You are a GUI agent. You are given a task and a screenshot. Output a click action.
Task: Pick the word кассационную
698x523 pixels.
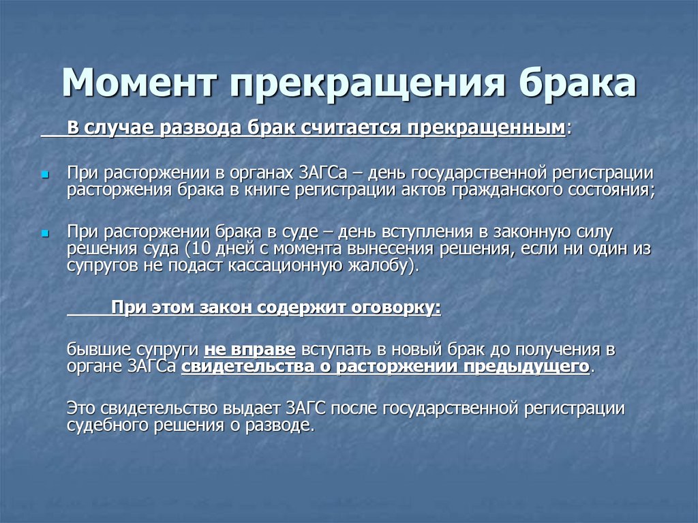[x=311, y=265]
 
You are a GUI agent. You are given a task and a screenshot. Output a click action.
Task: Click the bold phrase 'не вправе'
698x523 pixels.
[x=249, y=350]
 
